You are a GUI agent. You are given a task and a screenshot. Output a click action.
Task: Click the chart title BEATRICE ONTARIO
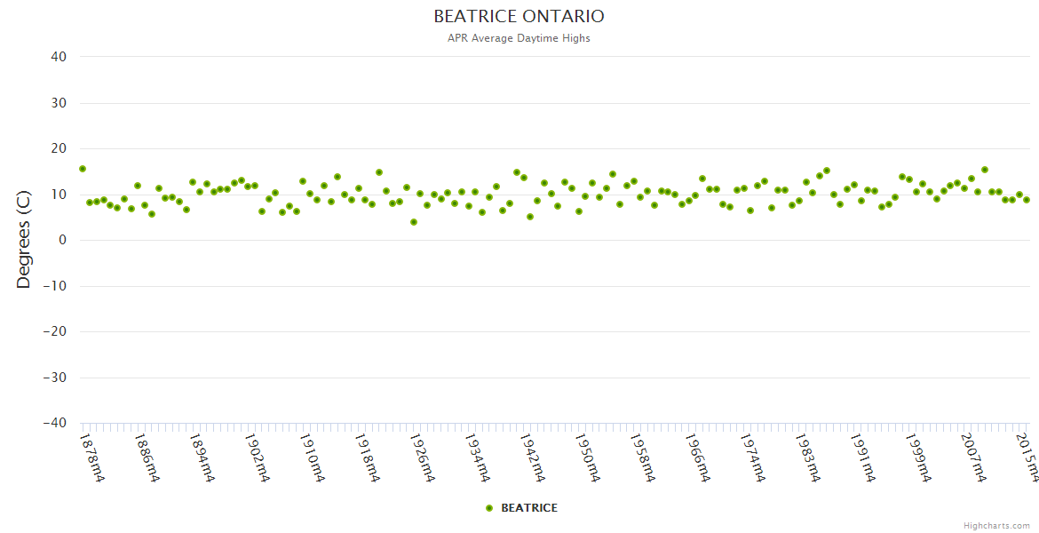tap(519, 17)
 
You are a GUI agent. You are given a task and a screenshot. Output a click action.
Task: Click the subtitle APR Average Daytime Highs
tap(519, 38)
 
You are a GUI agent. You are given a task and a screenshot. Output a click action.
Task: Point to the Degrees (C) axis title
tap(24, 240)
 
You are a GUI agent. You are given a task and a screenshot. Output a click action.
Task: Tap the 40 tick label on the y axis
tap(59, 57)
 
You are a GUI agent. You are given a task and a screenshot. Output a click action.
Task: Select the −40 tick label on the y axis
tap(54, 423)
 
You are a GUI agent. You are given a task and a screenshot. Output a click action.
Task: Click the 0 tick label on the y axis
tap(62, 240)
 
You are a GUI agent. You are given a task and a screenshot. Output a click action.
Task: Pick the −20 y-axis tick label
tap(54, 331)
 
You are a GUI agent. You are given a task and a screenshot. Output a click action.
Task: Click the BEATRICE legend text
tap(529, 508)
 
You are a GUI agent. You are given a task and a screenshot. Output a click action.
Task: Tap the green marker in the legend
tap(488, 508)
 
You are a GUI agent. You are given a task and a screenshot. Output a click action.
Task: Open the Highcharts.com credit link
tap(996, 525)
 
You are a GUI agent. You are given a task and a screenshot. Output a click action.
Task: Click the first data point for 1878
tap(83, 169)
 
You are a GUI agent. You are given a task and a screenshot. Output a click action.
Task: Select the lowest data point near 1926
tap(414, 222)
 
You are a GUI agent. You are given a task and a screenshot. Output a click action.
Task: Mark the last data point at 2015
tap(1027, 200)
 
